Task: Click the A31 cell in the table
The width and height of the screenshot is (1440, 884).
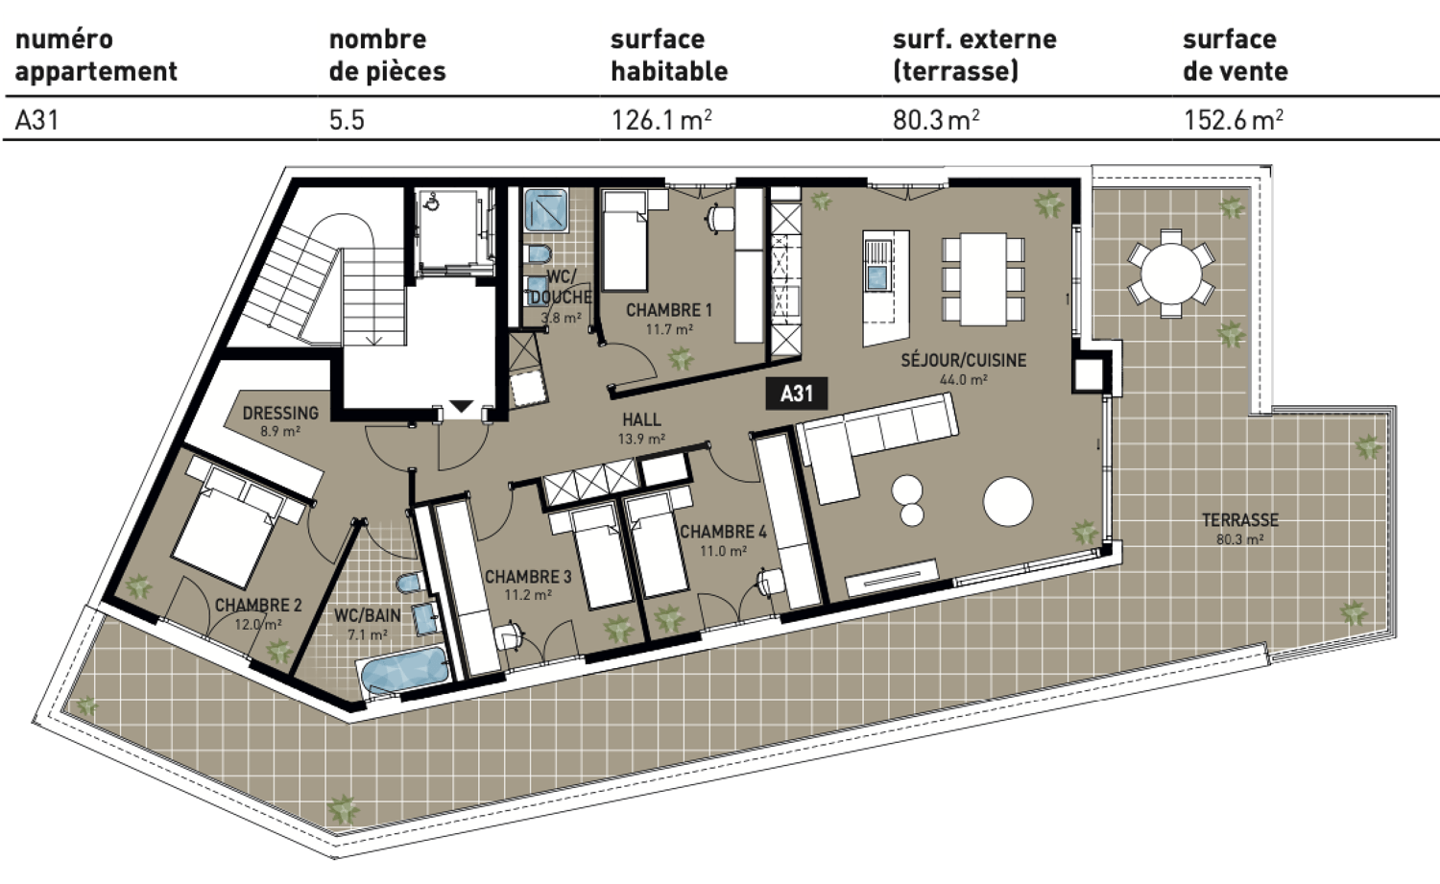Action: (x=37, y=120)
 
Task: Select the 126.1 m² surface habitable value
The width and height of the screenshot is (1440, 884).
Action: (x=660, y=120)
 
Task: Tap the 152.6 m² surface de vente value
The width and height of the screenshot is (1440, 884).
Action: (x=1233, y=120)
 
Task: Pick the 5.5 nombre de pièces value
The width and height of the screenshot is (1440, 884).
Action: (x=347, y=120)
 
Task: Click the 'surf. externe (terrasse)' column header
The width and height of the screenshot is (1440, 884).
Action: (x=973, y=55)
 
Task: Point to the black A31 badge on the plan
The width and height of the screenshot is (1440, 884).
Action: (x=796, y=394)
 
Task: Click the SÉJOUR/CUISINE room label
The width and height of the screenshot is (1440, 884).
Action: (x=963, y=361)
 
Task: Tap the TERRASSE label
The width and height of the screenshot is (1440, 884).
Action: (x=1239, y=520)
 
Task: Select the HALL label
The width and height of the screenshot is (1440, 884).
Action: (x=640, y=419)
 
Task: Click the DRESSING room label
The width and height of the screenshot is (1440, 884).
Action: (x=280, y=414)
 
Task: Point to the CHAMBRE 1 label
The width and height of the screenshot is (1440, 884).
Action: (x=668, y=310)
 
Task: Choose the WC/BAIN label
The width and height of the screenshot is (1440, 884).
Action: (x=367, y=615)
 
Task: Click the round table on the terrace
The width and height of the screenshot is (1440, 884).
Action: (x=1170, y=274)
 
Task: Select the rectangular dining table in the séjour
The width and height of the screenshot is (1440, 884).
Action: (x=983, y=278)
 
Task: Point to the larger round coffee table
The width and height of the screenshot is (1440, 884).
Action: (x=1007, y=501)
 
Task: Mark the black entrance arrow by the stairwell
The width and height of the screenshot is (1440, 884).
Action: (x=461, y=407)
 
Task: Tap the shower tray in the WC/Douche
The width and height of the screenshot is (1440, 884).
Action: (x=546, y=210)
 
